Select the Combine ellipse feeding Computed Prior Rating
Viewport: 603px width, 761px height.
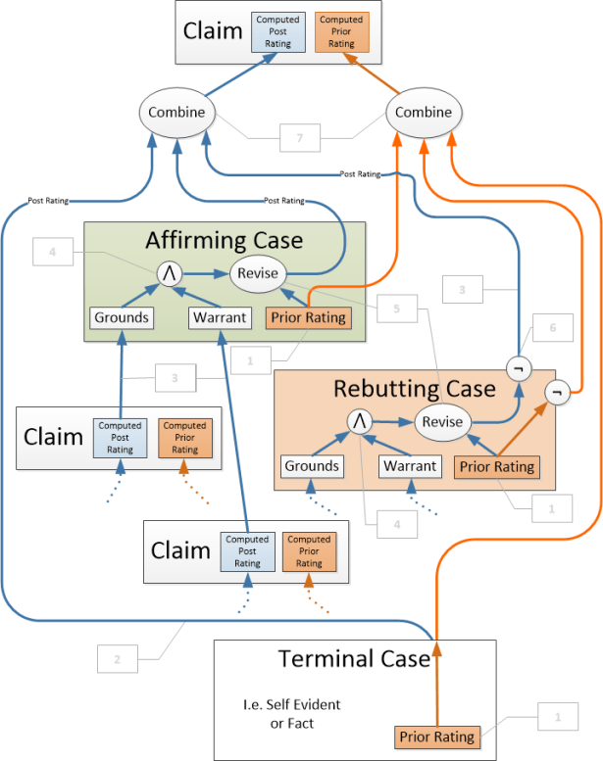coord(424,113)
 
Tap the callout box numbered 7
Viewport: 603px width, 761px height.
coord(300,139)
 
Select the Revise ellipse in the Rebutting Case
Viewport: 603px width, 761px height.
coord(442,421)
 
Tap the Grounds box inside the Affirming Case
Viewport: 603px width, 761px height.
coord(122,317)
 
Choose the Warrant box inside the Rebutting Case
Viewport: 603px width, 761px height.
coord(410,466)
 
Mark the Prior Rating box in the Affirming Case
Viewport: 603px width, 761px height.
coord(308,317)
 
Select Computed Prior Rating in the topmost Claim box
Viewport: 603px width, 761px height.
coord(340,31)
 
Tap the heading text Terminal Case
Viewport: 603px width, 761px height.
coord(354,657)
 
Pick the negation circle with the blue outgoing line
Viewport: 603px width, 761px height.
coord(517,368)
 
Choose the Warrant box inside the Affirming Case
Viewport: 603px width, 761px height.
coord(219,317)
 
